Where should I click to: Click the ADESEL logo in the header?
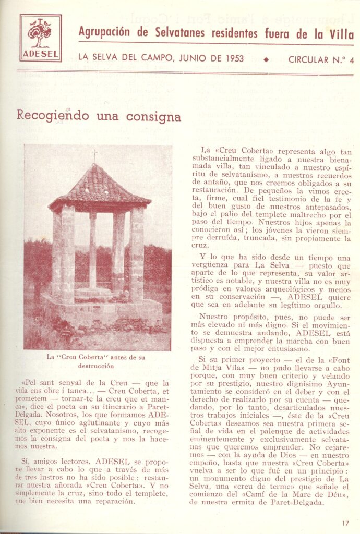click(41, 38)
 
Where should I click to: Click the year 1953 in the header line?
click(232, 59)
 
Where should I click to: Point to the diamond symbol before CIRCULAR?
click(267, 59)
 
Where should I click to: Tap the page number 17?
click(345, 523)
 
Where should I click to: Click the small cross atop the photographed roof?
click(94, 155)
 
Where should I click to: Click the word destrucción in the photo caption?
click(95, 366)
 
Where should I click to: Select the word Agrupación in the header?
click(104, 33)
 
